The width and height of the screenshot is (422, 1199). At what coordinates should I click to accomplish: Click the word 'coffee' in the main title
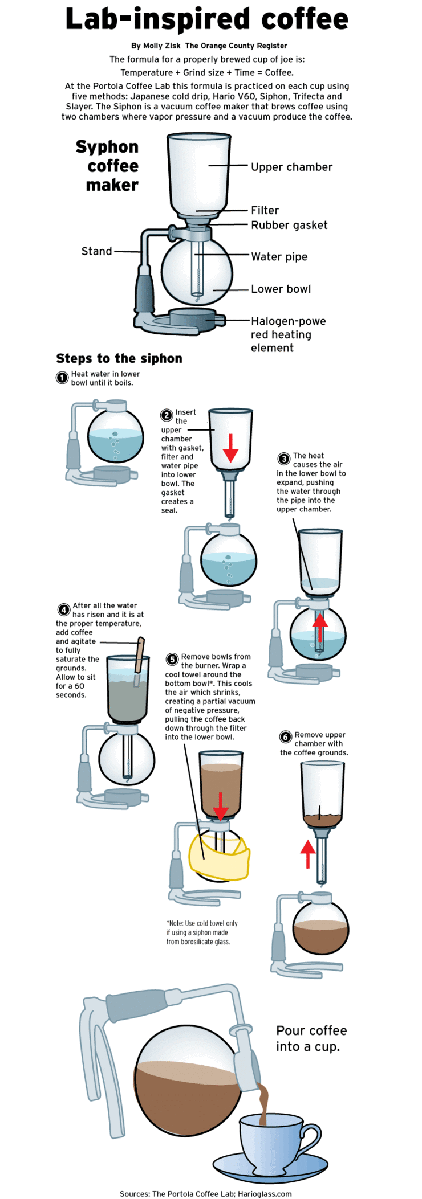(305, 19)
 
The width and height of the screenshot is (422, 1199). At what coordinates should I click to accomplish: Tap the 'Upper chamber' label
(291, 167)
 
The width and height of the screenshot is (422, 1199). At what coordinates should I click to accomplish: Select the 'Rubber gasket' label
(289, 225)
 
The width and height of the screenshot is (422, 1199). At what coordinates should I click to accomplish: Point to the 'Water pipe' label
(279, 257)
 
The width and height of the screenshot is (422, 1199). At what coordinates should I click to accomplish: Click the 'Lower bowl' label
(281, 289)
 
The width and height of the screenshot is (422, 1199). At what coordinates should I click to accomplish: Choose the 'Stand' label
(96, 251)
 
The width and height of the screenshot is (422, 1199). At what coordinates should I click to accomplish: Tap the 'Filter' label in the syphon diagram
(265, 210)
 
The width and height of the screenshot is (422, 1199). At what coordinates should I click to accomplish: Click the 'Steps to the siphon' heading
(119, 358)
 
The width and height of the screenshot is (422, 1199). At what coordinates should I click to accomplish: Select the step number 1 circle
(62, 378)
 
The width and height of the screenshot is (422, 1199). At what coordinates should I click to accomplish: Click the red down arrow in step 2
(230, 448)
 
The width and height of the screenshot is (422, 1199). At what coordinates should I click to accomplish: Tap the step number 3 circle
(283, 459)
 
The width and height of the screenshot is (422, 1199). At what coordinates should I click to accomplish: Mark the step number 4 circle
(64, 609)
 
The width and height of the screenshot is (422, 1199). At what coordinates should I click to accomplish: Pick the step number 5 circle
(172, 660)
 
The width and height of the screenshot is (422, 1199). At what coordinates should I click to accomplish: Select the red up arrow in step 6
(308, 854)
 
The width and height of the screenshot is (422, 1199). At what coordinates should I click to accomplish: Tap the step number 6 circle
(286, 737)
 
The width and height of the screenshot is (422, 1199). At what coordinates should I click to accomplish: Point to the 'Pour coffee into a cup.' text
(311, 1038)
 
